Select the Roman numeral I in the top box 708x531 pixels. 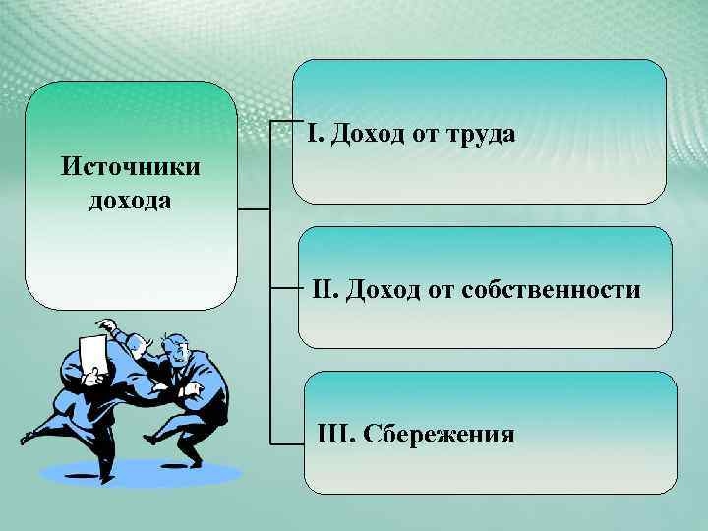[x=312, y=134]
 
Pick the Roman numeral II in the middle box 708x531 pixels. [x=324, y=290]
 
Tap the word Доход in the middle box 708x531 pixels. [x=379, y=290]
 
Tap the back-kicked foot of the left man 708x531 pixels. [x=27, y=436]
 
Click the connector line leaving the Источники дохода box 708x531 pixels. [x=254, y=209]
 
